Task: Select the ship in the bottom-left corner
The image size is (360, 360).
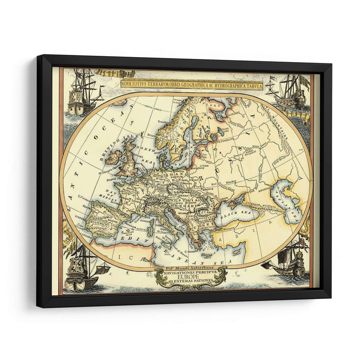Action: (x=84, y=270)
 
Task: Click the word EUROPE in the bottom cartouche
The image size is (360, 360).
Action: (x=192, y=279)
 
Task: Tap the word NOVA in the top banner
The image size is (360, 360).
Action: (x=129, y=85)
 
